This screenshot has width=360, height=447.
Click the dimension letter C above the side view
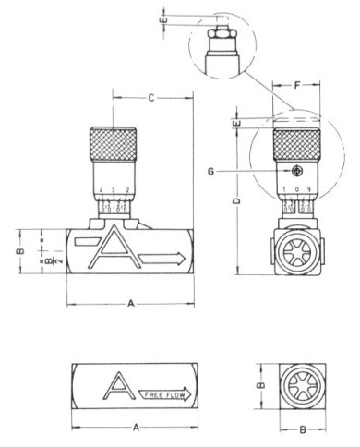151,97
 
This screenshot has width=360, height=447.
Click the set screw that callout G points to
295,171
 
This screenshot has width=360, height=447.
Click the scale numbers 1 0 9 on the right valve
295,193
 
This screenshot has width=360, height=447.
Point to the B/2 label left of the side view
32,265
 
